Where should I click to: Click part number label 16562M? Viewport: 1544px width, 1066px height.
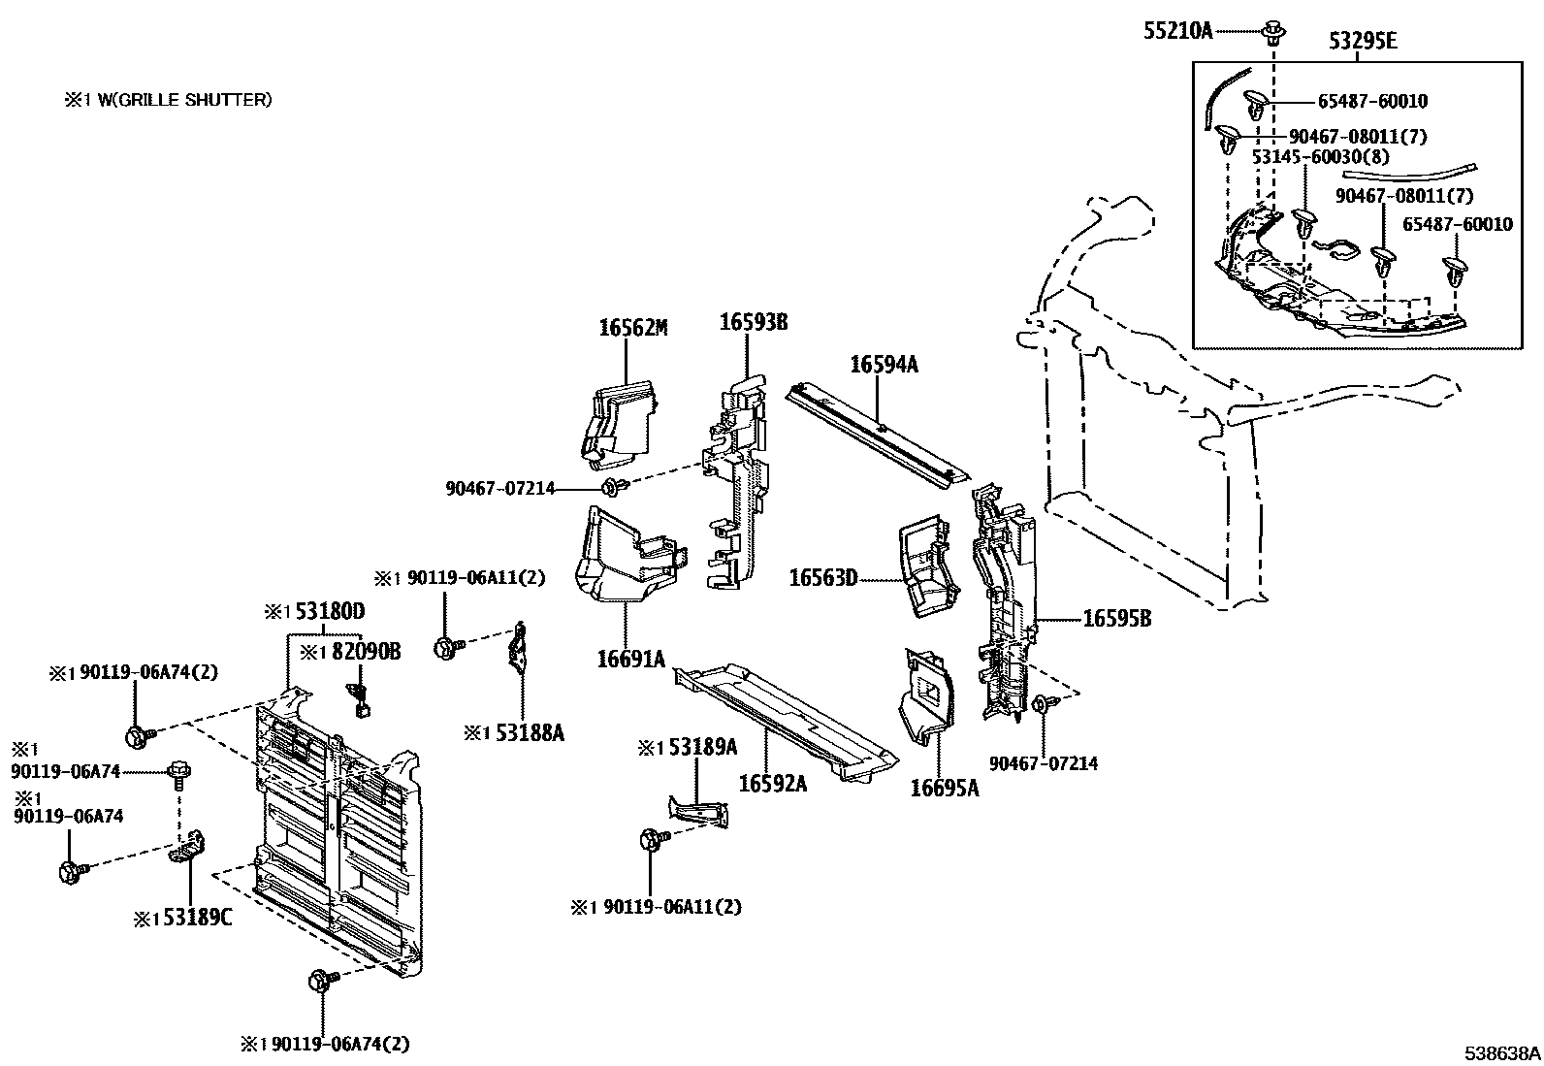click(632, 328)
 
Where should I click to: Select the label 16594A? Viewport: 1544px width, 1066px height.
click(884, 365)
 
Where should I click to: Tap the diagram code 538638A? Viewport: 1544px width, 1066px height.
click(1501, 1052)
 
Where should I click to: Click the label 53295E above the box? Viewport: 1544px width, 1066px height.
click(1363, 42)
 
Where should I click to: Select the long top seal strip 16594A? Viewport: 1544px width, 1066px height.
click(878, 432)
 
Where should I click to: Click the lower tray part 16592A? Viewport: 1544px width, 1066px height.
click(786, 718)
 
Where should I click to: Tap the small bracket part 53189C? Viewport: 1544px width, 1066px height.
click(191, 847)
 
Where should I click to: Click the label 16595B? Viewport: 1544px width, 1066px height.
click(1116, 618)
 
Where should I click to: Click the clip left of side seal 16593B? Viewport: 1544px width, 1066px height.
click(612, 485)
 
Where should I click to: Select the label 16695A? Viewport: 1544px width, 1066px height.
click(944, 788)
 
